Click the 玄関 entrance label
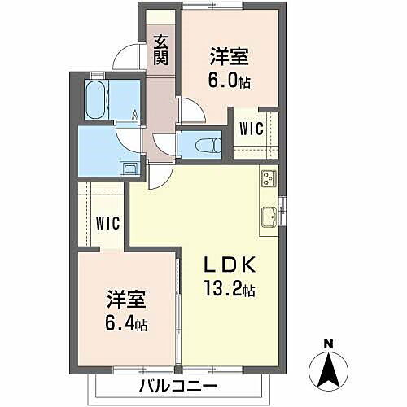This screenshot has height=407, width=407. point(160,50)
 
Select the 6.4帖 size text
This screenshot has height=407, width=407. point(125,324)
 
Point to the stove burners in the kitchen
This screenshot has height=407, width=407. point(269,177)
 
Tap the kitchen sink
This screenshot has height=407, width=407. point(268,217)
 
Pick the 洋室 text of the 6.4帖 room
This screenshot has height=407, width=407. point(125,300)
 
